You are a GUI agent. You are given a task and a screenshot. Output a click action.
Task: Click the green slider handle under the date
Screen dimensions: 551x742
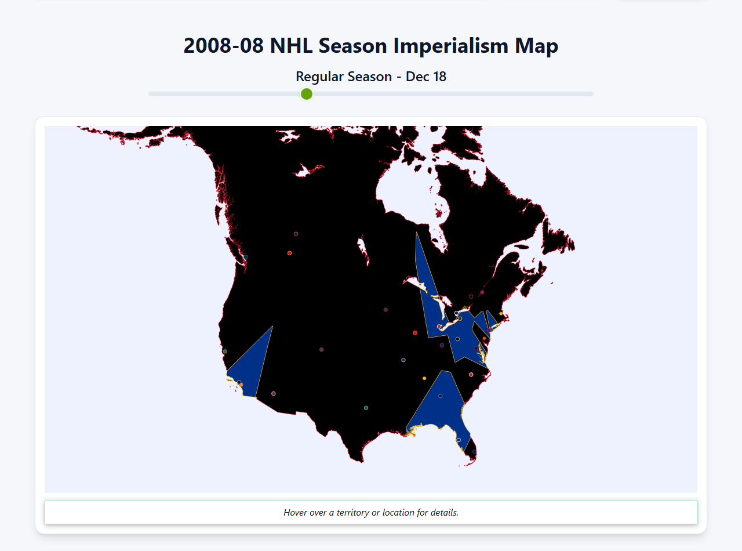(307, 94)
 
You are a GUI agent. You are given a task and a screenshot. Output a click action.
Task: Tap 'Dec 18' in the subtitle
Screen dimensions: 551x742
(425, 77)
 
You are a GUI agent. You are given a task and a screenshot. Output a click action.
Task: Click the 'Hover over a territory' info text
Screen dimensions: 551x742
(371, 513)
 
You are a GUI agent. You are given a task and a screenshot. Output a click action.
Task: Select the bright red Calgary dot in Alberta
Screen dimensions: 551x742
(289, 253)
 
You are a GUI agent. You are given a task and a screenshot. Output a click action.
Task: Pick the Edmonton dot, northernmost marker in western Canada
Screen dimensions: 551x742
(296, 234)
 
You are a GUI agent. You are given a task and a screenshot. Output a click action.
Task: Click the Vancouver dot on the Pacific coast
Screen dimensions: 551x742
(246, 257)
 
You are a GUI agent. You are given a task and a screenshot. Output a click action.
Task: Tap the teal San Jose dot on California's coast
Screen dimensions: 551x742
(225, 351)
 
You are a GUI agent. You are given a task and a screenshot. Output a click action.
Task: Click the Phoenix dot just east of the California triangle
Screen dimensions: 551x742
(274, 393)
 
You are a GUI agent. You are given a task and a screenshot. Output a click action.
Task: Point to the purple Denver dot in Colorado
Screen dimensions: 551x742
(321, 350)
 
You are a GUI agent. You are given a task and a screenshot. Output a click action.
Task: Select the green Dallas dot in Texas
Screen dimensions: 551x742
(366, 408)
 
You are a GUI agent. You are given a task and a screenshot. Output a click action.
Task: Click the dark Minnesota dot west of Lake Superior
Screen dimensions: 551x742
(385, 310)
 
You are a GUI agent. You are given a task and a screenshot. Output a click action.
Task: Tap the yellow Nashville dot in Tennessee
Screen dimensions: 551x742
(424, 378)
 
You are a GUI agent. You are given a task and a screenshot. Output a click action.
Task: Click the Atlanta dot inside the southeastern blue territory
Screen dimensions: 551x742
(441, 396)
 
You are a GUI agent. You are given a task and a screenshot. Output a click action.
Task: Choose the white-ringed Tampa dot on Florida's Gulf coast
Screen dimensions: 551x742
(459, 440)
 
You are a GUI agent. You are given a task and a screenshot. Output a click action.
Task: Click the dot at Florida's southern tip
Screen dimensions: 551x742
(474, 451)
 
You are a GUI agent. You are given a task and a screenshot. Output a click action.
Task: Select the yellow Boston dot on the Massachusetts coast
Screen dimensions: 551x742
(501, 313)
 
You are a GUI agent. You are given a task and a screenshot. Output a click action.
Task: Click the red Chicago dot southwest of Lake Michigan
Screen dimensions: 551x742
(415, 333)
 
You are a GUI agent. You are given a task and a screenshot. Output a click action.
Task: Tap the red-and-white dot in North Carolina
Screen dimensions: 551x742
(471, 375)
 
